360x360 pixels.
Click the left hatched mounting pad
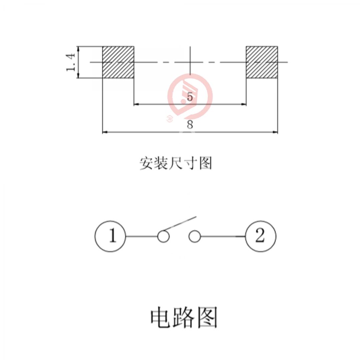(118, 62)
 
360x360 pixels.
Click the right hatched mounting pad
(262, 62)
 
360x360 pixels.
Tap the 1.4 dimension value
(71, 62)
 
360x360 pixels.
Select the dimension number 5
(190, 97)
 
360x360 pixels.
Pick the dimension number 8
(190, 125)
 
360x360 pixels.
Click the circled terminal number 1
(110, 236)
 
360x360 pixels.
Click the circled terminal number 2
(261, 236)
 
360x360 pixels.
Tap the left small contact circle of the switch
(163, 237)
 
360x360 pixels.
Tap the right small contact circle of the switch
(194, 237)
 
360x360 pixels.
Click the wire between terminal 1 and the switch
(141, 237)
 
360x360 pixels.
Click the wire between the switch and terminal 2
(223, 237)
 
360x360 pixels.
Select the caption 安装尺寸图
(176, 163)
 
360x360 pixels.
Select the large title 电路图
(184, 317)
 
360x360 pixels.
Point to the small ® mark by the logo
(169, 118)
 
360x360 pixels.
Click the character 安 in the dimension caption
(146, 163)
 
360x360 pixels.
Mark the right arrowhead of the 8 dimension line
(275, 132)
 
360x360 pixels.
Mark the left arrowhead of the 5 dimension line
(136, 104)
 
